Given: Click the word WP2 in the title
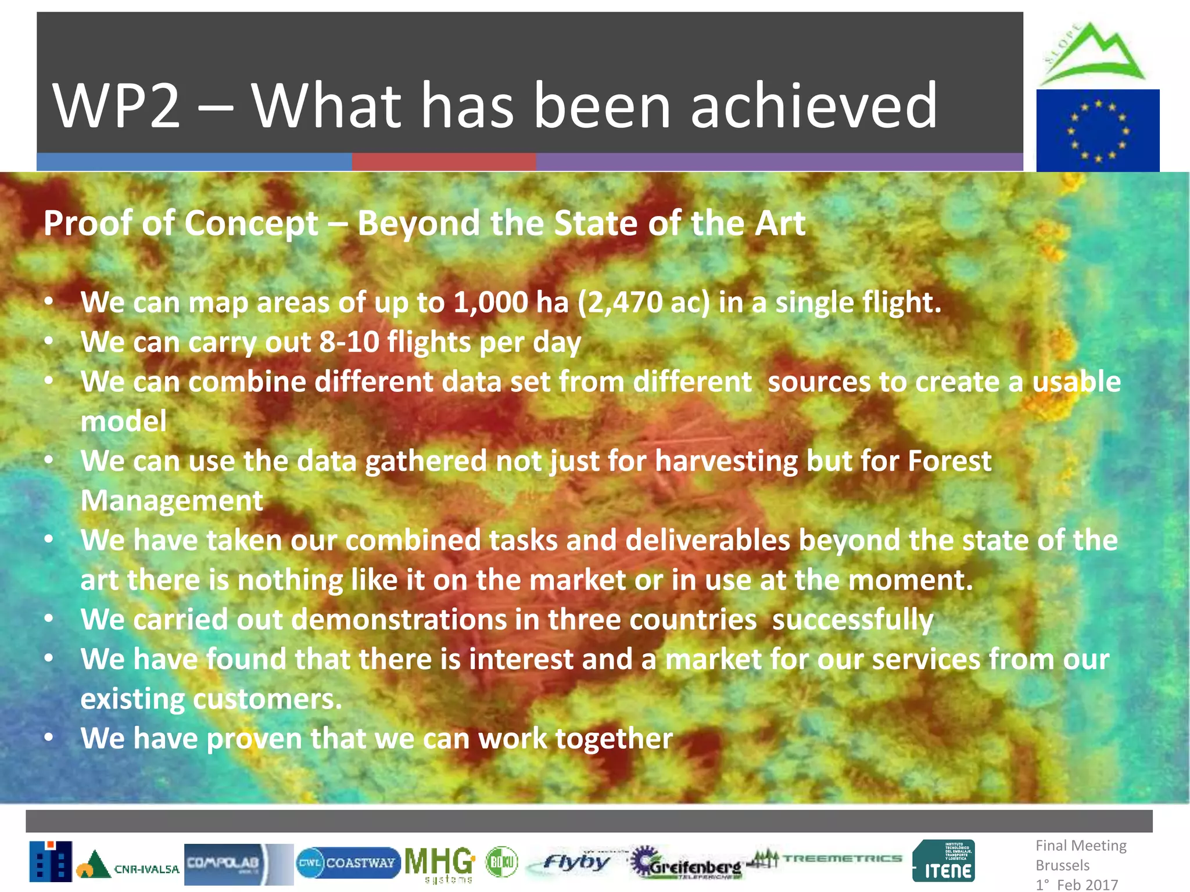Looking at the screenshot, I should coord(116,106).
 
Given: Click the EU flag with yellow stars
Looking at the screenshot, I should coord(1098,131).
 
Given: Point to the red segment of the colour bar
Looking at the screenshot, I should coord(443,161).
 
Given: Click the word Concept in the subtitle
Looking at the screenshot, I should coord(251,223).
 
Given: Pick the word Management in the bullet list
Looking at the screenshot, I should coord(171,501).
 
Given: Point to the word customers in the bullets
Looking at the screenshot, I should coord(267,699).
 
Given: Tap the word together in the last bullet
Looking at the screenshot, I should coord(614,739).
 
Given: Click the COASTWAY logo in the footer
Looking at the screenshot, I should coord(347,863).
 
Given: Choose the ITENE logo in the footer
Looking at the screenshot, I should coord(943,862).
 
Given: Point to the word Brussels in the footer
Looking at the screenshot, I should coord(1062,865).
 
